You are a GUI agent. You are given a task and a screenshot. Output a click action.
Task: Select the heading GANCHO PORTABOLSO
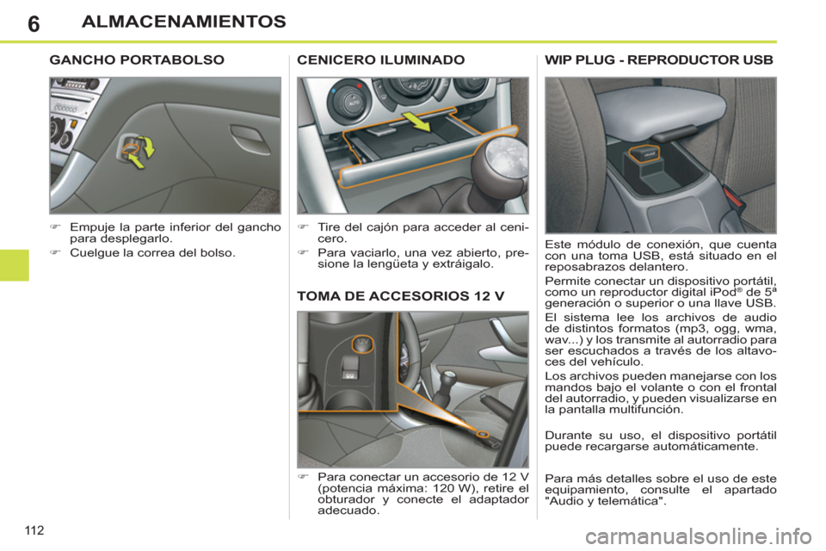(x=137, y=60)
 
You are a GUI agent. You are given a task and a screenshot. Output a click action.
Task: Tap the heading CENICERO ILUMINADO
(x=380, y=60)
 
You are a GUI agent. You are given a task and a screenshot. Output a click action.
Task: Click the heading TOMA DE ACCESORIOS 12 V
(x=400, y=295)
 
